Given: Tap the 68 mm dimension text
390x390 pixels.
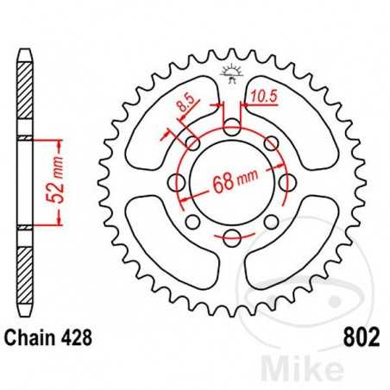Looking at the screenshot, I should point(236,182).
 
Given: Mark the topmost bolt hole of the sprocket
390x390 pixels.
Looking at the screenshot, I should point(231,129).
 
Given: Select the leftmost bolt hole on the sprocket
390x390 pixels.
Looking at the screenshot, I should point(176,184).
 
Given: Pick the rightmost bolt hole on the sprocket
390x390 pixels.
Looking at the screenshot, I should point(286,184).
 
